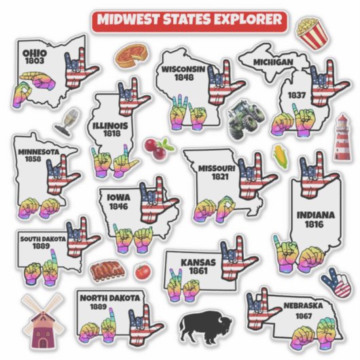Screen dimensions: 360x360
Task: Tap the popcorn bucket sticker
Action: (x=311, y=33)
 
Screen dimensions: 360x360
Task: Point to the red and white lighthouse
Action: (x=342, y=137)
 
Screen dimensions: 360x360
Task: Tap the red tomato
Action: (x=142, y=271)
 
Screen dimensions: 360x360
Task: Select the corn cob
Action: (x=278, y=154)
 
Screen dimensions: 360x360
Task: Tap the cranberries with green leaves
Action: (x=155, y=147)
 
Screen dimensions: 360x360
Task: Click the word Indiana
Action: (x=314, y=215)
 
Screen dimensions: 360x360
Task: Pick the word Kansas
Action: (x=199, y=262)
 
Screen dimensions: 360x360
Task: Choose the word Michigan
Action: (x=273, y=62)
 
